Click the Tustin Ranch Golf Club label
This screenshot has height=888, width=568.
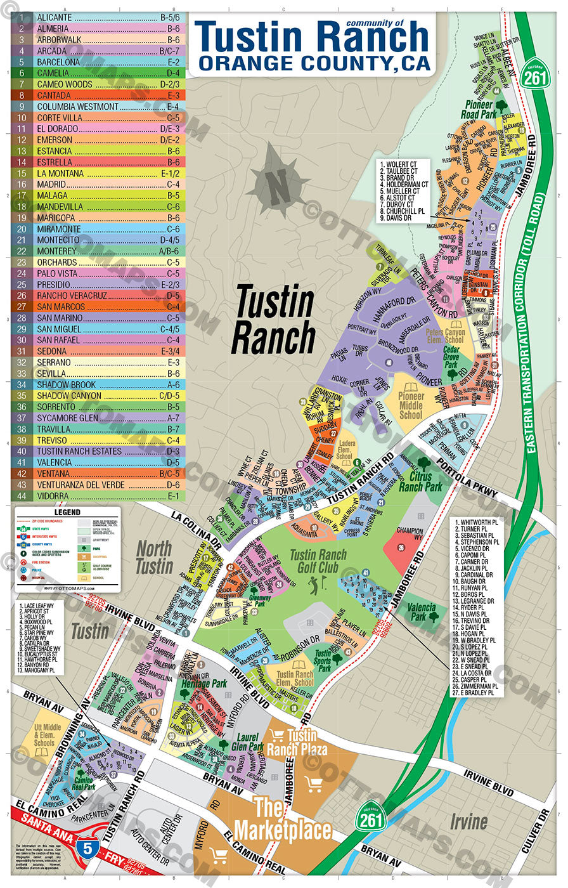click(x=318, y=561)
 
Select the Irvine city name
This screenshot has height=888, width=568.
click(x=469, y=822)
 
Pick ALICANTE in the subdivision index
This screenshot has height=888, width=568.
click(x=55, y=18)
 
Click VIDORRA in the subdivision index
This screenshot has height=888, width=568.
click(x=52, y=496)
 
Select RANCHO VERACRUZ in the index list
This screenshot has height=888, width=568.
click(x=72, y=296)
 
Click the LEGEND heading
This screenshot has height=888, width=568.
click(x=67, y=512)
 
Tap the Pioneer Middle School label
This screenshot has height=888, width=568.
click(x=410, y=406)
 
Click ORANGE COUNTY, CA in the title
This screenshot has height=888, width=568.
click(x=314, y=63)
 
